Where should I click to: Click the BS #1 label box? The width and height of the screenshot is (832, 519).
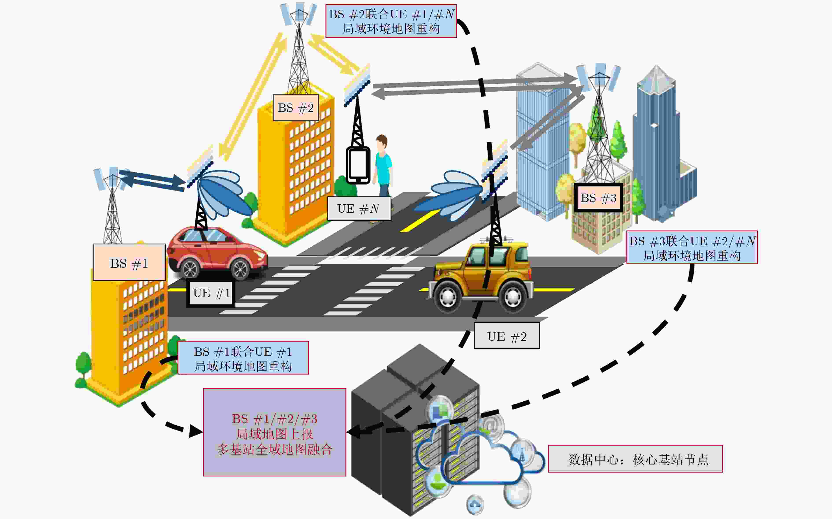pyautogui.click(x=129, y=262)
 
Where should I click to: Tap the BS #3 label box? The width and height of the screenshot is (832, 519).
pyautogui.click(x=598, y=198)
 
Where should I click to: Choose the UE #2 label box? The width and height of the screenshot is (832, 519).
pyautogui.click(x=507, y=336)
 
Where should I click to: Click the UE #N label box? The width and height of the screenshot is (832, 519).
pyautogui.click(x=359, y=208)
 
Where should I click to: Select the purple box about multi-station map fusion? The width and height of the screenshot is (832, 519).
pyautogui.click(x=274, y=432)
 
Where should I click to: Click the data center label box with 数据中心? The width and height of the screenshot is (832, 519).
pyautogui.click(x=635, y=459)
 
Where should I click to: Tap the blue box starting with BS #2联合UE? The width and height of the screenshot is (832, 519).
pyautogui.click(x=391, y=21)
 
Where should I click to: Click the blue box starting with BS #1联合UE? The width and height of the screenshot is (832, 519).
pyautogui.click(x=243, y=358)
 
